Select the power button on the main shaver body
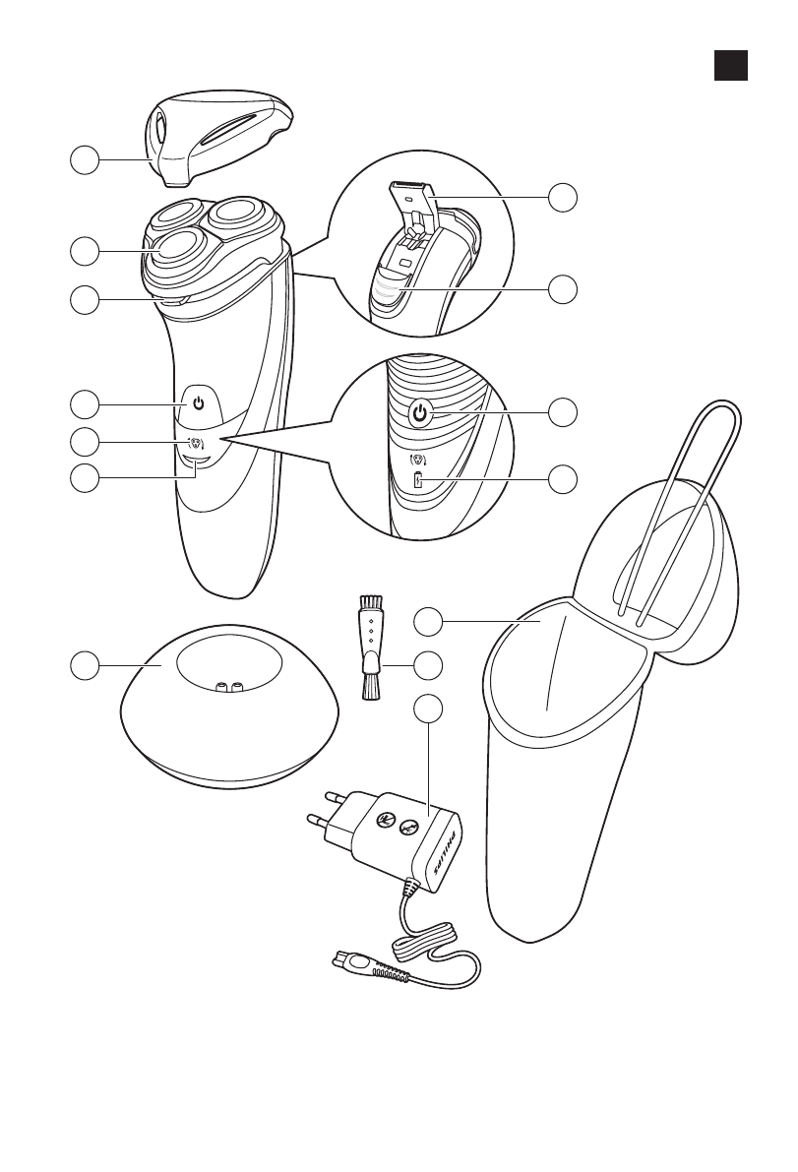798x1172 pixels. coord(198,403)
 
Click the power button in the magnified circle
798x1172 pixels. coord(420,414)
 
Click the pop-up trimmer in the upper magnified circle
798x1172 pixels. coord(411,196)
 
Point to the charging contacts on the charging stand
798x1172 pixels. coord(228,690)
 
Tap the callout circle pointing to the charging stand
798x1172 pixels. coord(85,666)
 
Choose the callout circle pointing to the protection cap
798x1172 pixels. coord(85,160)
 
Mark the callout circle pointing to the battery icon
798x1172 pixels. coord(564,479)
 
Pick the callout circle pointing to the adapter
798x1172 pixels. coord(427,708)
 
